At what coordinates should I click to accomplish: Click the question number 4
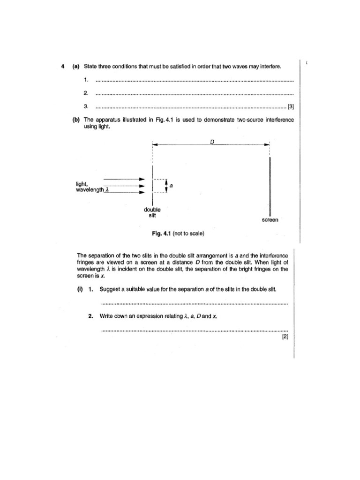click(x=63, y=67)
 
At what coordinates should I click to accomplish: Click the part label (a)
click(x=76, y=67)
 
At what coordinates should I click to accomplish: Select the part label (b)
click(x=76, y=120)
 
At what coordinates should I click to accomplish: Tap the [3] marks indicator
click(x=290, y=106)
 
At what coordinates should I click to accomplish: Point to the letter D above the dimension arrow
click(x=212, y=142)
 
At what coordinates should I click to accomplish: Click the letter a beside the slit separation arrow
click(x=171, y=186)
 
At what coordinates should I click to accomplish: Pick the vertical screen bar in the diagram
click(x=270, y=186)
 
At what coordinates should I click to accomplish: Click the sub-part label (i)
click(x=80, y=289)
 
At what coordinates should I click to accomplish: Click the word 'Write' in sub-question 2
click(x=107, y=316)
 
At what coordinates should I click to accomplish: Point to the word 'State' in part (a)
click(x=90, y=67)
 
